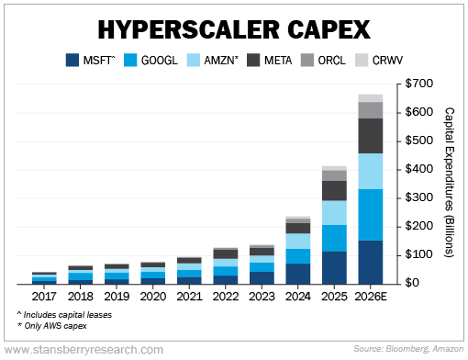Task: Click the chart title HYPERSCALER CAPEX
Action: click(x=233, y=28)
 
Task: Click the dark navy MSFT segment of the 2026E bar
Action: click(x=371, y=262)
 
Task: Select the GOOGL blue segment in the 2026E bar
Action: click(x=371, y=215)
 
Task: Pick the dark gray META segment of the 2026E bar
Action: click(x=371, y=136)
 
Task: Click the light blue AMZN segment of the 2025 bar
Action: click(x=334, y=213)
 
